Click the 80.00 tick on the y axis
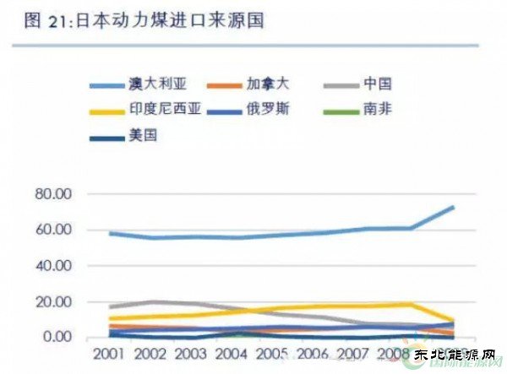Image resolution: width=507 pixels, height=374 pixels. point(74,194)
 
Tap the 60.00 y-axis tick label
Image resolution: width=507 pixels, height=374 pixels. point(74,230)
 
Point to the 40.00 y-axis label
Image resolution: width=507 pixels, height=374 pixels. point(74,266)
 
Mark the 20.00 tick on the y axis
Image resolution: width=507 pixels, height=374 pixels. point(74,301)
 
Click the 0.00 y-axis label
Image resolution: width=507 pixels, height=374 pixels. point(78,337)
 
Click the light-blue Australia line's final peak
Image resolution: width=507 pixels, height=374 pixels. point(453,207)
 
